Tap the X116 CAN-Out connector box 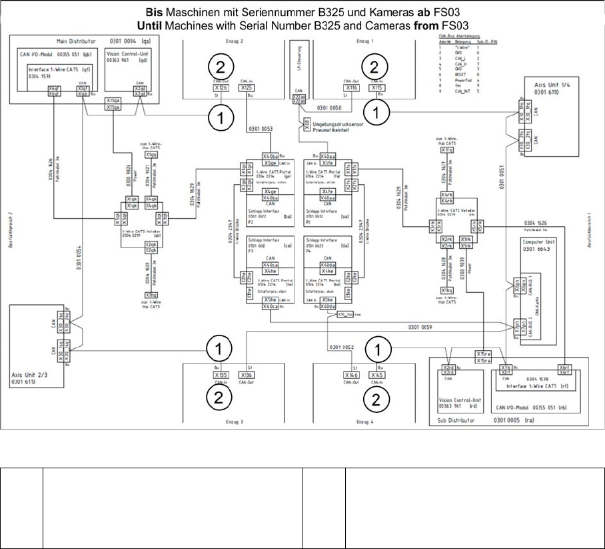click(x=352, y=87)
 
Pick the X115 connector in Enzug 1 click(x=378, y=87)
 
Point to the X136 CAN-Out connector click(x=247, y=375)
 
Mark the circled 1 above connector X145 click(x=377, y=348)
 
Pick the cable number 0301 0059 click(x=418, y=327)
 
